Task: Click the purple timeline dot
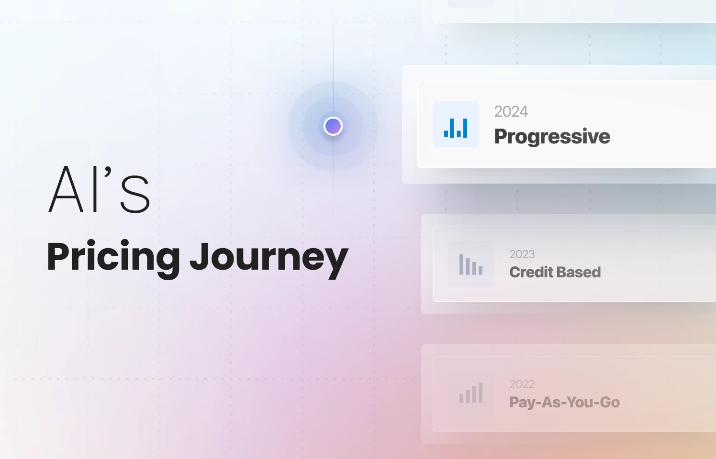coord(333,126)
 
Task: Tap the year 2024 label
coord(511,111)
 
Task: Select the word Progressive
coord(552,137)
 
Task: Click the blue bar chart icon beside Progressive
coord(456,124)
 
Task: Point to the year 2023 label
coord(522,254)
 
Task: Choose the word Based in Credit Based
coord(579,272)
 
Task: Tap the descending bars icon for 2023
coord(471,264)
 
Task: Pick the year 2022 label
coord(522,384)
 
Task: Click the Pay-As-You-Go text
coord(564,403)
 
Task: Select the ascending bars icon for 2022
coord(471,393)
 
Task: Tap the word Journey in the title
coord(268,258)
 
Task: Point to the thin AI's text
coord(100,190)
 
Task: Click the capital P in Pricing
coord(58,256)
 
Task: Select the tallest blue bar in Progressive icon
coord(465,128)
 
